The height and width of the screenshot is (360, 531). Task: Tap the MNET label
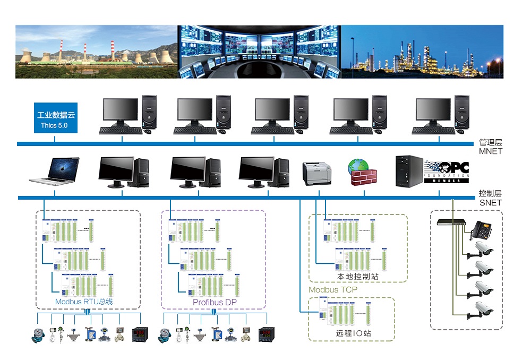point(490,151)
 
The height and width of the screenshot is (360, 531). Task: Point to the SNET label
point(490,203)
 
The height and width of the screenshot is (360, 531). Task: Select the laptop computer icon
point(55,172)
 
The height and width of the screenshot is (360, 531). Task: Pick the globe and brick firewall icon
point(362,172)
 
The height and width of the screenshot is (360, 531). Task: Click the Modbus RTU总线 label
point(84,302)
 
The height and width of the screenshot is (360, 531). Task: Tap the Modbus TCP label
point(333,290)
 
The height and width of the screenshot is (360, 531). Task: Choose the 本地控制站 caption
point(357,277)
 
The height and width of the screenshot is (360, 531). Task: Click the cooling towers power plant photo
point(96,52)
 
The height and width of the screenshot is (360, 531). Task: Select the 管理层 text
point(490,142)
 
